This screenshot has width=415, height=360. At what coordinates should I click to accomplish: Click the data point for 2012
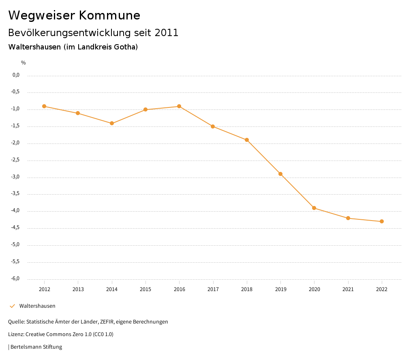(x=44, y=106)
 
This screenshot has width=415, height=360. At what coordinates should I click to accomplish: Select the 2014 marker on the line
(x=112, y=123)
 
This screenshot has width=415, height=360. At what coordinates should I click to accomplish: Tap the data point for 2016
(x=179, y=106)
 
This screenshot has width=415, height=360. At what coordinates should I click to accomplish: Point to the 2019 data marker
(x=280, y=174)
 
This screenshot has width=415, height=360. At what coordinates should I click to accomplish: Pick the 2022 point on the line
(x=382, y=221)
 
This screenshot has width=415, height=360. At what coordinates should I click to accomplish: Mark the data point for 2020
(x=314, y=208)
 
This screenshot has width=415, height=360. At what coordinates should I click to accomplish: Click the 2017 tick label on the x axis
(x=213, y=289)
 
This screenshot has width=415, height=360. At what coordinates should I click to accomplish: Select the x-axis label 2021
(x=348, y=289)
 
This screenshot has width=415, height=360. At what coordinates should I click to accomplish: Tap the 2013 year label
(x=78, y=289)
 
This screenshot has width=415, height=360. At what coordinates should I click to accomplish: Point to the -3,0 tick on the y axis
(x=15, y=177)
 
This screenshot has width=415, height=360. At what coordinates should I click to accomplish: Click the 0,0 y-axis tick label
(x=16, y=75)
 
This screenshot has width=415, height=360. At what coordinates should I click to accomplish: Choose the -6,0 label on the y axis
(x=15, y=279)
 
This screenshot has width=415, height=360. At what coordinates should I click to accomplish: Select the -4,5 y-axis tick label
(x=15, y=228)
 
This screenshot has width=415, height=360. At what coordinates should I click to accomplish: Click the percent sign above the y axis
(x=24, y=63)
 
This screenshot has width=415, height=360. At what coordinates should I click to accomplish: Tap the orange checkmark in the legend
(x=12, y=306)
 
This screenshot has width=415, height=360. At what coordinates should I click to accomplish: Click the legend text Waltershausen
(x=37, y=306)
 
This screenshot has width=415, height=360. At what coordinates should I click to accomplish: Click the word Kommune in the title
(x=109, y=15)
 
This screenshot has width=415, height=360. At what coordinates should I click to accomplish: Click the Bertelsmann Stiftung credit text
(x=36, y=347)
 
